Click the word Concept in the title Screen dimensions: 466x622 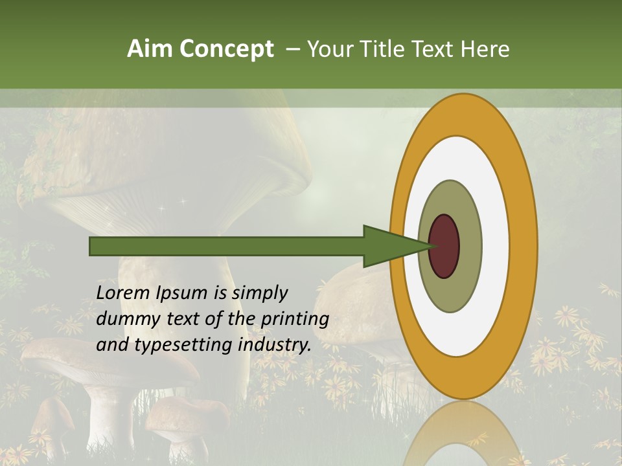(226, 49)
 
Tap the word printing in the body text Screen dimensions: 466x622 (294, 320)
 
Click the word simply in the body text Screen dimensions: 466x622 (259, 294)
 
